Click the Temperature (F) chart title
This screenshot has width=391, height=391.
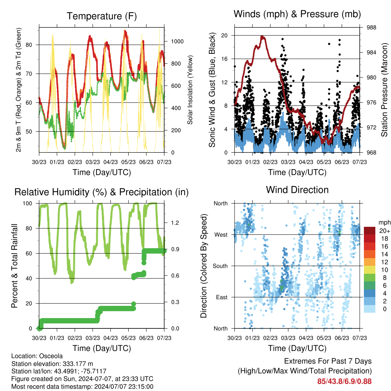[102, 16]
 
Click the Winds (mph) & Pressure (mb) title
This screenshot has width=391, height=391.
[297, 14]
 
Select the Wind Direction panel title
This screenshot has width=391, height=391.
[297, 190]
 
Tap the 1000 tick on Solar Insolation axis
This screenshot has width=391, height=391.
[177, 41]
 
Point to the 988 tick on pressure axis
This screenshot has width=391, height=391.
[371, 27]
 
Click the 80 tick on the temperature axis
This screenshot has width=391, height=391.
[29, 45]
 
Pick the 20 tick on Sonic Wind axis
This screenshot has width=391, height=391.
[225, 36]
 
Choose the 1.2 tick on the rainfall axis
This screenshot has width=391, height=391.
[175, 223]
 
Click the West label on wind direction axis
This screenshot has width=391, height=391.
[221, 235]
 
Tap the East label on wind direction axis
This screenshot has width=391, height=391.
[222, 297]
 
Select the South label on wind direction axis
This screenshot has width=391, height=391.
[220, 266]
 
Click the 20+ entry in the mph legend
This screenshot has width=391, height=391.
[385, 231]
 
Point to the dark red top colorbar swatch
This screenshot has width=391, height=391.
[370, 231]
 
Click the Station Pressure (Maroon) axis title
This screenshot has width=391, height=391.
[384, 90]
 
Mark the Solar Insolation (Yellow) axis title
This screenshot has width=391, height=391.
[190, 90]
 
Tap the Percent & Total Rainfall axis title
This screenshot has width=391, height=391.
[15, 266]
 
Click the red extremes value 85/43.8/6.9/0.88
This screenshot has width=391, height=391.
[344, 381]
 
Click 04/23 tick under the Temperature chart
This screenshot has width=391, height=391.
[110, 162]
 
